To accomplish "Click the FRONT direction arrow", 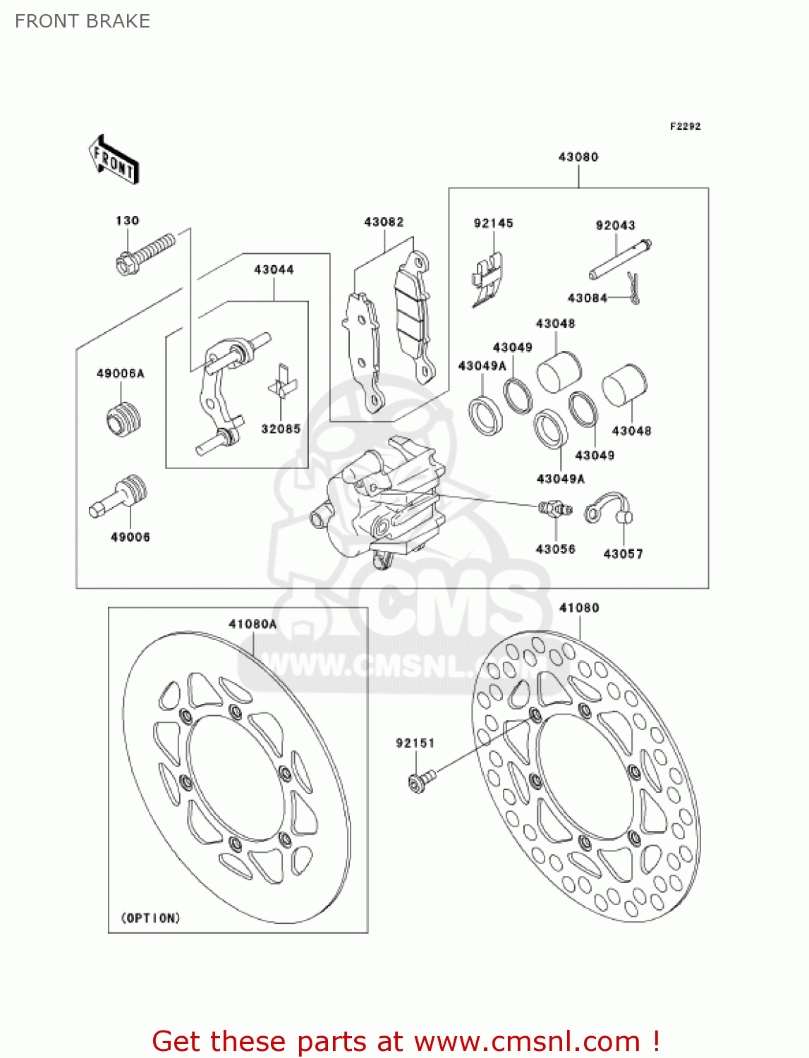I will point(114,160).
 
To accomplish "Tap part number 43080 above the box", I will point(578,157).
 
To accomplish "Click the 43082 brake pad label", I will point(384,222).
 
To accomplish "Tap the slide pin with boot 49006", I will point(120,497).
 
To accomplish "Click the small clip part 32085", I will point(281,385).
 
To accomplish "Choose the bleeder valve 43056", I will point(555,509).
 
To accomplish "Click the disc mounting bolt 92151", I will point(421,780).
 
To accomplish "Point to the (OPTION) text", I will point(150,918).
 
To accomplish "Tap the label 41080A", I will point(253,624).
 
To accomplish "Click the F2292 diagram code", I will point(685,126).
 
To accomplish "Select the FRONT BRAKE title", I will point(83,21).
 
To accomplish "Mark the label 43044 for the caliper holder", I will point(274,269).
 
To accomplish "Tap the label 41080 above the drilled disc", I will point(579,608).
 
